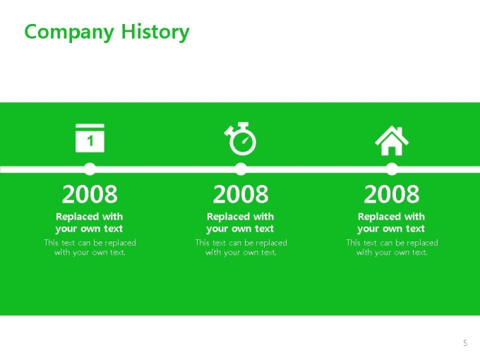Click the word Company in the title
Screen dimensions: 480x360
69,32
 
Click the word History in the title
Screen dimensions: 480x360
155,32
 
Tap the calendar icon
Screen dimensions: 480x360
90,138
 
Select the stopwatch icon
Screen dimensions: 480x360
240,138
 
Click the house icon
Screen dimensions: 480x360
392,140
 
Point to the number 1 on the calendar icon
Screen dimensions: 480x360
90,141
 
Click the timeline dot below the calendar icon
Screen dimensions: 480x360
90,169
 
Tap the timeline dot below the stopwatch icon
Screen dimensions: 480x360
241,169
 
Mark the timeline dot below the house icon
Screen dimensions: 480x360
392,169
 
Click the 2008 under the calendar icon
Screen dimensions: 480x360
90,194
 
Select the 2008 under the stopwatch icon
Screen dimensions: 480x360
241,194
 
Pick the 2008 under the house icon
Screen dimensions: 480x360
392,194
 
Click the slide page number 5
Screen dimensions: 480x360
465,343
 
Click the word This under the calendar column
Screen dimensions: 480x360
51,243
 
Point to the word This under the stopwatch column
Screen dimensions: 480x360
202,243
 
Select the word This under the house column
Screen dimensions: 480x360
353,243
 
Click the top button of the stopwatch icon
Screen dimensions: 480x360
243,125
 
